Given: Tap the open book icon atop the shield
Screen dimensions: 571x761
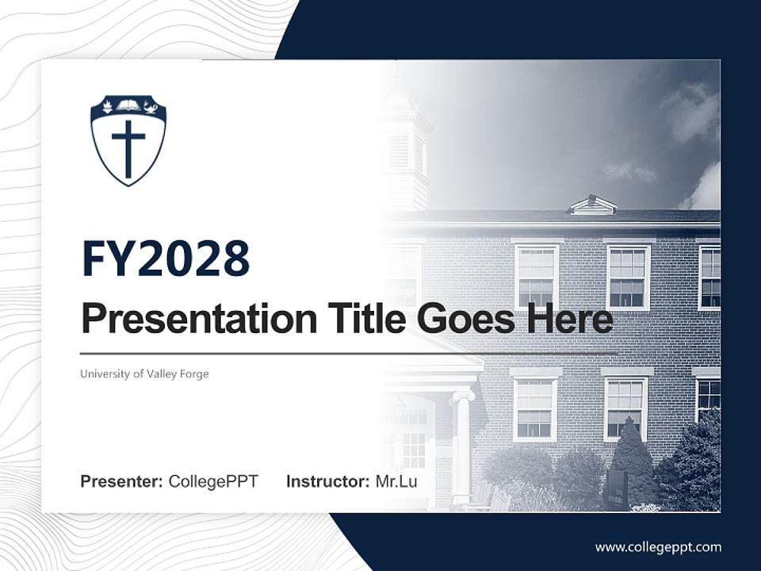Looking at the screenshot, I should tap(128, 105).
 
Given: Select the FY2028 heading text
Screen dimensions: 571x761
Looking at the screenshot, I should tap(166, 259).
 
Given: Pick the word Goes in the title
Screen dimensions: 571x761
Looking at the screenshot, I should tap(460, 319).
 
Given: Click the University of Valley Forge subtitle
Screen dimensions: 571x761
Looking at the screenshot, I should tap(144, 374).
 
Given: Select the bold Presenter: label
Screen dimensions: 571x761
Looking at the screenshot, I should tap(122, 481).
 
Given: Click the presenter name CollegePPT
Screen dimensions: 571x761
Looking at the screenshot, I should tap(213, 481).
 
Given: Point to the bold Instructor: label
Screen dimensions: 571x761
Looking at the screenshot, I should tap(327, 481).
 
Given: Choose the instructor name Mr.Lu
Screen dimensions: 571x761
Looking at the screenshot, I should tap(396, 481).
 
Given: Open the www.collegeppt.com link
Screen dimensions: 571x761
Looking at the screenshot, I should tap(658, 546).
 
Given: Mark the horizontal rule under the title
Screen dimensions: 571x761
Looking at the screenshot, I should tap(349, 353).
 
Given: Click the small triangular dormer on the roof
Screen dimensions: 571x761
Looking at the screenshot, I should tap(593, 205).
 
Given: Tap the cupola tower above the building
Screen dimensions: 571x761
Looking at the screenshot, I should tap(404, 151).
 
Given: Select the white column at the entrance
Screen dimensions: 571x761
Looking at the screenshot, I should tap(461, 444).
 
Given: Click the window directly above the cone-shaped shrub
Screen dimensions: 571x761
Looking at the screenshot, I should tap(625, 408).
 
